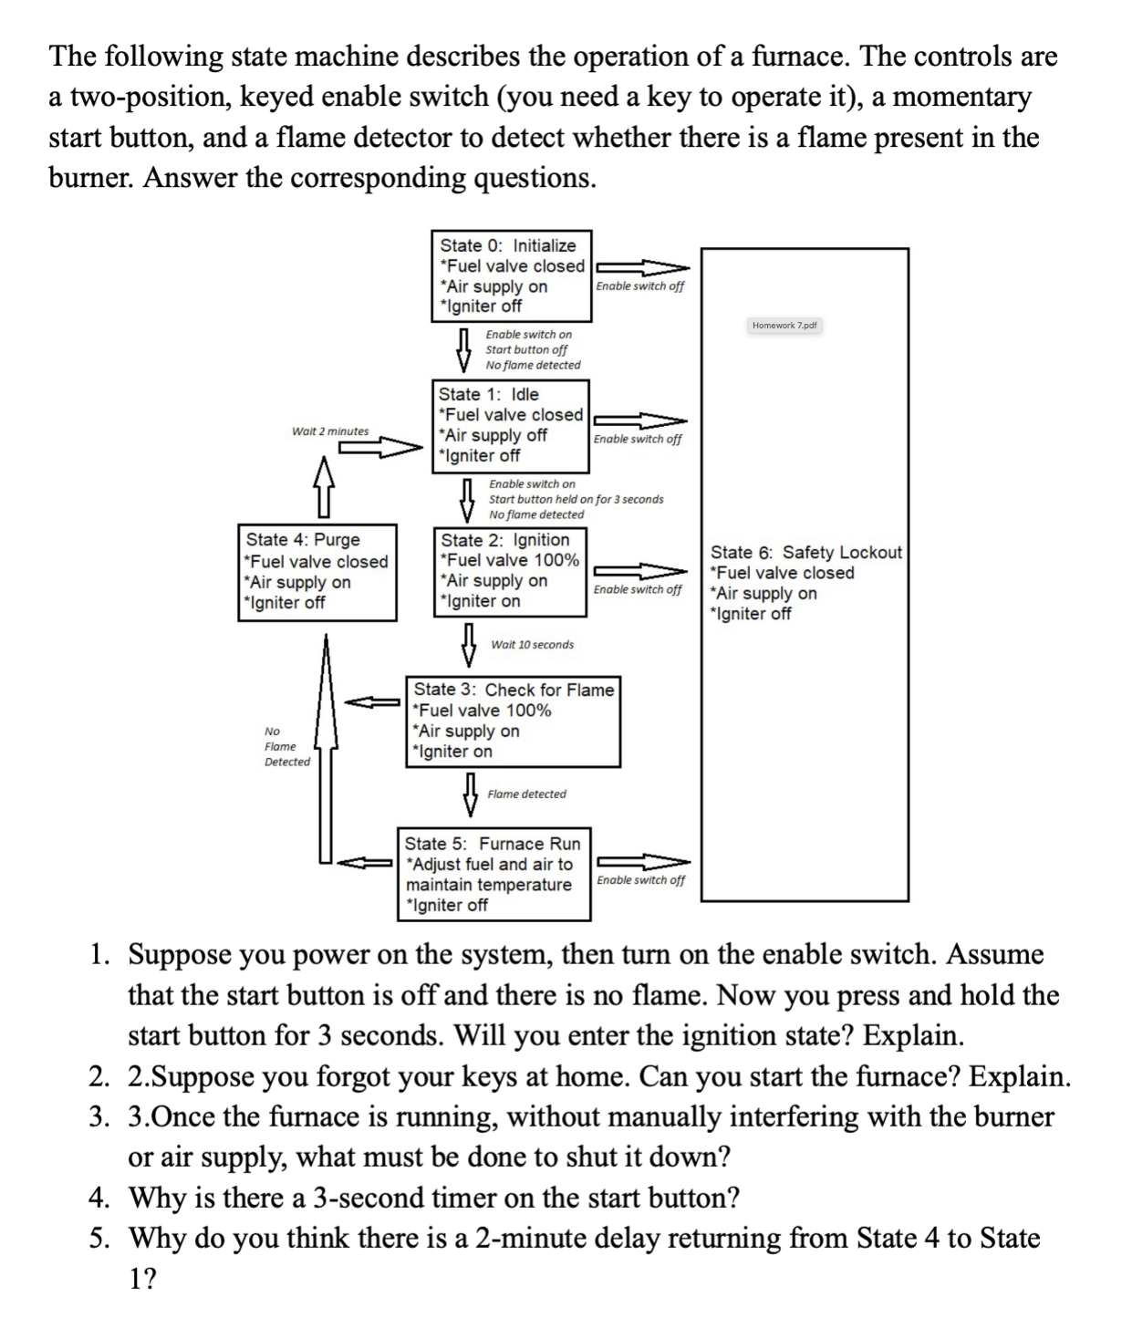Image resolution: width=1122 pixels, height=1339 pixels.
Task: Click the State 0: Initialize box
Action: tap(511, 275)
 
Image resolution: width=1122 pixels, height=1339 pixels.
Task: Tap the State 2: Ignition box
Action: tap(510, 571)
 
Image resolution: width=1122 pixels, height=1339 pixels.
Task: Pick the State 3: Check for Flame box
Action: tap(513, 721)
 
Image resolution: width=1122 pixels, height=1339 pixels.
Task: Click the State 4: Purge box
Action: tap(317, 571)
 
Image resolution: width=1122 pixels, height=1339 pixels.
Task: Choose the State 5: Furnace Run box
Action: tap(493, 874)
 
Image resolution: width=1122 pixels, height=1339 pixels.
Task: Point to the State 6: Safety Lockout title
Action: tap(805, 552)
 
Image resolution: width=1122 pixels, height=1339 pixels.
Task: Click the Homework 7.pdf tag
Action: tap(784, 325)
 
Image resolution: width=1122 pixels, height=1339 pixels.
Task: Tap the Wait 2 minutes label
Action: tap(330, 431)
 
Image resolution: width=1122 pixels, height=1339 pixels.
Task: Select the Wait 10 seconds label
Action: tap(532, 645)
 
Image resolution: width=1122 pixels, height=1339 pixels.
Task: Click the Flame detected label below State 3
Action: tap(526, 794)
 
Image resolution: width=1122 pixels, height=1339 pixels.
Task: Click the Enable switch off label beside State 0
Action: tap(639, 286)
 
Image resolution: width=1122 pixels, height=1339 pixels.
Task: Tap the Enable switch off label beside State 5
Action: tap(640, 880)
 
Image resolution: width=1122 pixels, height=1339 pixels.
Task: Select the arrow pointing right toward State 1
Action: tap(377, 447)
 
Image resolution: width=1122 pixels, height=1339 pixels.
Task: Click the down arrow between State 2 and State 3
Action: tap(470, 645)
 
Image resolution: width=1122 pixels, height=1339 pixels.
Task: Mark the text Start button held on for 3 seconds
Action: tap(576, 499)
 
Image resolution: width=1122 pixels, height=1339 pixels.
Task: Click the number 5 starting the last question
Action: tap(99, 1239)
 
